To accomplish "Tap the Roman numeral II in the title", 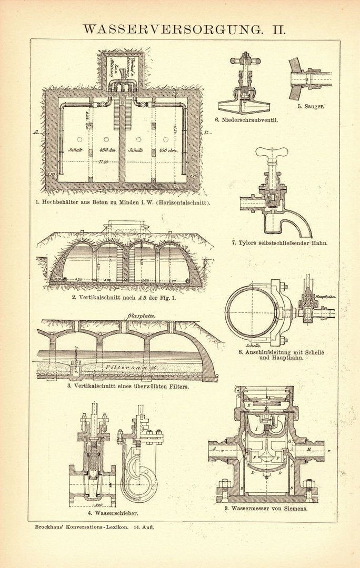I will [x=278, y=29].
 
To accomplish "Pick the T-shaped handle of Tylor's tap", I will [x=272, y=153].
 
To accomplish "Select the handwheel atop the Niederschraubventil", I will [x=245, y=61].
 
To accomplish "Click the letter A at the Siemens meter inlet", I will [x=215, y=449].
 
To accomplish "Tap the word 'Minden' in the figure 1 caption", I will [x=125, y=201].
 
